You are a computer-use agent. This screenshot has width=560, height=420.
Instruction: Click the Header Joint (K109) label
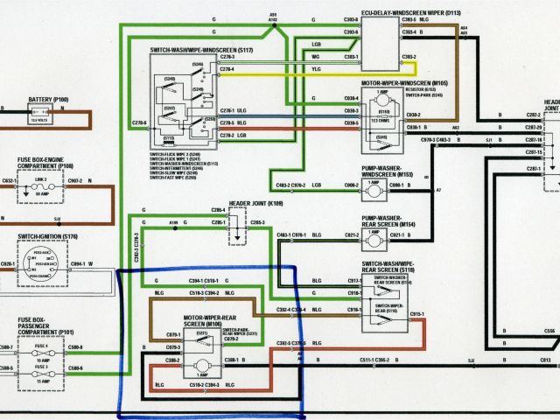point(256,203)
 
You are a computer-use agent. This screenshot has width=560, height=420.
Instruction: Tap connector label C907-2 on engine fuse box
point(73,181)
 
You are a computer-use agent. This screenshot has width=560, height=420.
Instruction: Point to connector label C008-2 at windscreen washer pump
point(350,185)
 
